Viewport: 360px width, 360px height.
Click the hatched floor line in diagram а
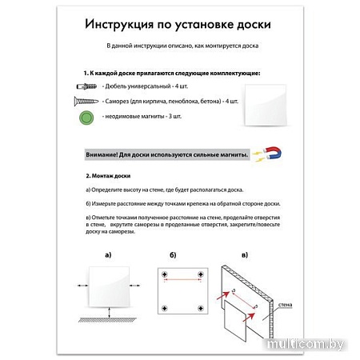click(x=108, y=322)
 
